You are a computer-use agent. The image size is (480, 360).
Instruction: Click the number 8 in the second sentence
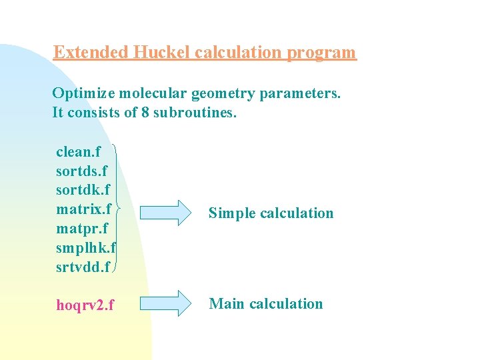pyautogui.click(x=145, y=112)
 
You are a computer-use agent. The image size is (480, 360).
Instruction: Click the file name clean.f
pyautogui.click(x=79, y=152)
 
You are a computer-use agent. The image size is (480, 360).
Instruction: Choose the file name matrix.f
pyautogui.click(x=83, y=209)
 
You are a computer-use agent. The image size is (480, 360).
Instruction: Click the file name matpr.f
pyautogui.click(x=81, y=229)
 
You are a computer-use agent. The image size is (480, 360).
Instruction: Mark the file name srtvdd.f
pyautogui.click(x=84, y=267)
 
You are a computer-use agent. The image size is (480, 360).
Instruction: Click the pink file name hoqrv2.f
pyautogui.click(x=85, y=305)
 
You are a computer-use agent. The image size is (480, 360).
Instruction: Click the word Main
pyautogui.click(x=227, y=303)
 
